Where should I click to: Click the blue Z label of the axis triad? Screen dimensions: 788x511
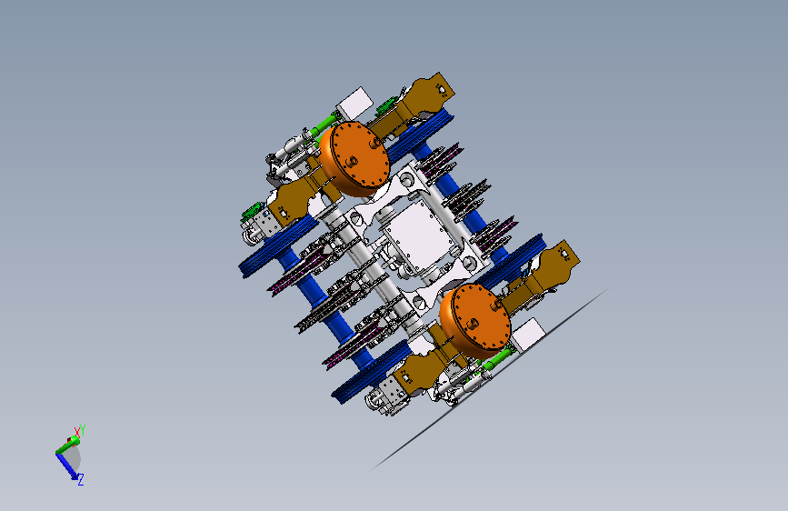(x=80, y=480)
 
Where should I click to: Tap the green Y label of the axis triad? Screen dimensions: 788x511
(x=83, y=430)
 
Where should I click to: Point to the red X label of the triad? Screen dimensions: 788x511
(x=77, y=432)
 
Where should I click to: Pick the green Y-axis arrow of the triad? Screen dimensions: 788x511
(x=67, y=446)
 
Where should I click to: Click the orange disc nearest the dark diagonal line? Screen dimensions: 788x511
(x=475, y=320)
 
